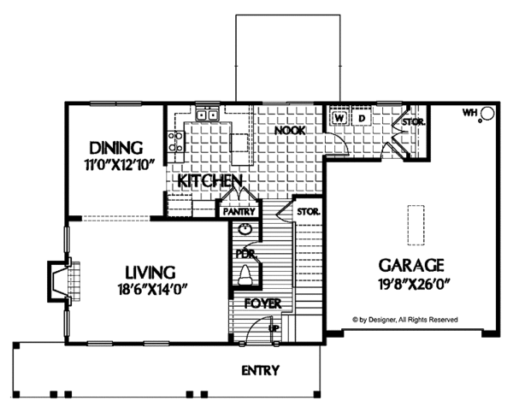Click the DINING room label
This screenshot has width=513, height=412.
click(116, 148)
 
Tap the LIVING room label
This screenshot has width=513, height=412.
click(150, 273)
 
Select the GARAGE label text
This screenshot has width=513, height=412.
click(411, 265)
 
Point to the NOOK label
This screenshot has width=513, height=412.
click(290, 131)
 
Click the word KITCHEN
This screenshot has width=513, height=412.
click(209, 181)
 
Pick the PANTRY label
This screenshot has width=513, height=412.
click(239, 212)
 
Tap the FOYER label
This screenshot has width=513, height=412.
click(262, 303)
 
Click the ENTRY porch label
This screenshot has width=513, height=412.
click(261, 370)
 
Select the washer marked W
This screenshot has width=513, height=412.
click(339, 118)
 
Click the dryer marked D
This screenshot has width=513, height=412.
click(362, 118)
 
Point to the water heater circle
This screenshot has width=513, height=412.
click(487, 114)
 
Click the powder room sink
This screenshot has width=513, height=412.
click(245, 230)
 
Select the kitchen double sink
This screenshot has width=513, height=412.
click(208, 115)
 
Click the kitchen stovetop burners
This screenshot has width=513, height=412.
click(175, 142)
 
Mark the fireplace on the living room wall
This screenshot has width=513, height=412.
click(64, 281)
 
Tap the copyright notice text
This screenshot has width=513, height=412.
click(405, 320)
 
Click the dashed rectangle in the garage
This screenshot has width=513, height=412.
click(416, 225)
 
